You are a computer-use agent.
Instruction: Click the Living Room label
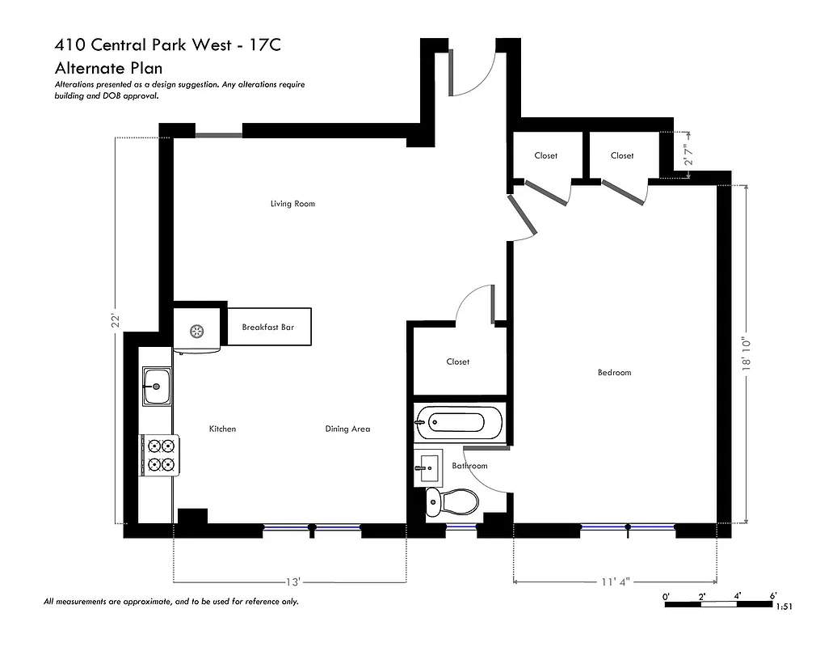[x=292, y=204]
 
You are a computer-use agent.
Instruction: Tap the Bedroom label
[x=614, y=373]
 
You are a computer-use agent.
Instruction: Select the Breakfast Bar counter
[x=268, y=328]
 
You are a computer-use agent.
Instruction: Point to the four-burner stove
[x=159, y=455]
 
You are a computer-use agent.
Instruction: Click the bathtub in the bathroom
[x=458, y=422]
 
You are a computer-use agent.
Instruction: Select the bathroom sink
[x=428, y=467]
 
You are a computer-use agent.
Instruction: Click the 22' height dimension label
[x=116, y=321]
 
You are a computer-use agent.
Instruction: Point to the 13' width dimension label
[x=292, y=581]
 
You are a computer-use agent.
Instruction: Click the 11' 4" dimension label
[x=616, y=581]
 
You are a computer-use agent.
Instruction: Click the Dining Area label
[x=347, y=429]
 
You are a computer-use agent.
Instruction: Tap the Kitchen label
[x=222, y=429]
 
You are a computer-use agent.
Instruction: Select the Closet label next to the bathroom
[x=457, y=362]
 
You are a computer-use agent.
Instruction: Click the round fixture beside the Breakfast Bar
[x=196, y=330]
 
